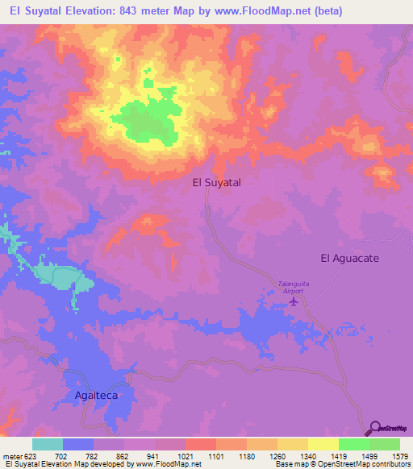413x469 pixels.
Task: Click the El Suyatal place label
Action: (x=216, y=183)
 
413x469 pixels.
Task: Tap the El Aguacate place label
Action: (x=349, y=258)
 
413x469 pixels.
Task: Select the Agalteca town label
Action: (x=91, y=396)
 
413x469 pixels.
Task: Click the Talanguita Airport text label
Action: (x=294, y=288)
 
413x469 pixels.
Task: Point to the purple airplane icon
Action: (x=293, y=301)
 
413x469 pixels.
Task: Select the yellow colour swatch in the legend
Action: (x=323, y=444)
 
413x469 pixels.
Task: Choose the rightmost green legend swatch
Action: (x=385, y=444)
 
